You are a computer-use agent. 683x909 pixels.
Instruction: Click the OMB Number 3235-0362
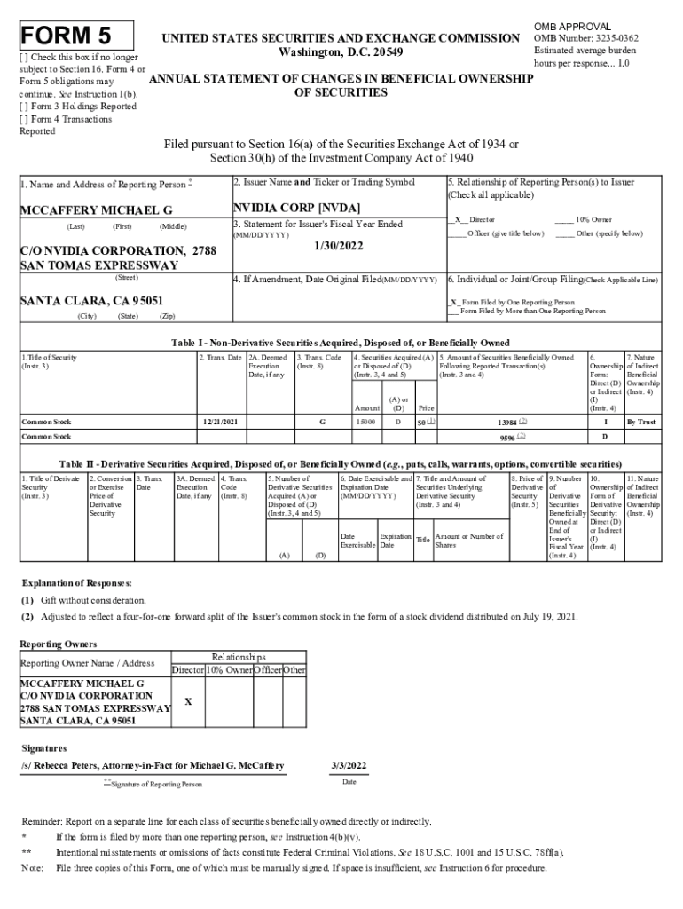[x=585, y=38]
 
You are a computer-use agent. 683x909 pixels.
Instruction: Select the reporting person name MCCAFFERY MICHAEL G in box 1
[x=97, y=211]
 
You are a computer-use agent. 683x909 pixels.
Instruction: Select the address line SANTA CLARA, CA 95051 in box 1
[x=91, y=301]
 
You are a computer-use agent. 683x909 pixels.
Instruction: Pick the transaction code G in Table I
[x=322, y=422]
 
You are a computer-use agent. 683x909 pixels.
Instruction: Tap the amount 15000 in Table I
[x=365, y=422]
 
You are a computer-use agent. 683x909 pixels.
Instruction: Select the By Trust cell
[x=642, y=422]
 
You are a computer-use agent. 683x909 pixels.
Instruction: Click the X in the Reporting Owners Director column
[x=187, y=701]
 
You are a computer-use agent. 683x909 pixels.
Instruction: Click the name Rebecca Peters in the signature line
[x=66, y=765]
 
